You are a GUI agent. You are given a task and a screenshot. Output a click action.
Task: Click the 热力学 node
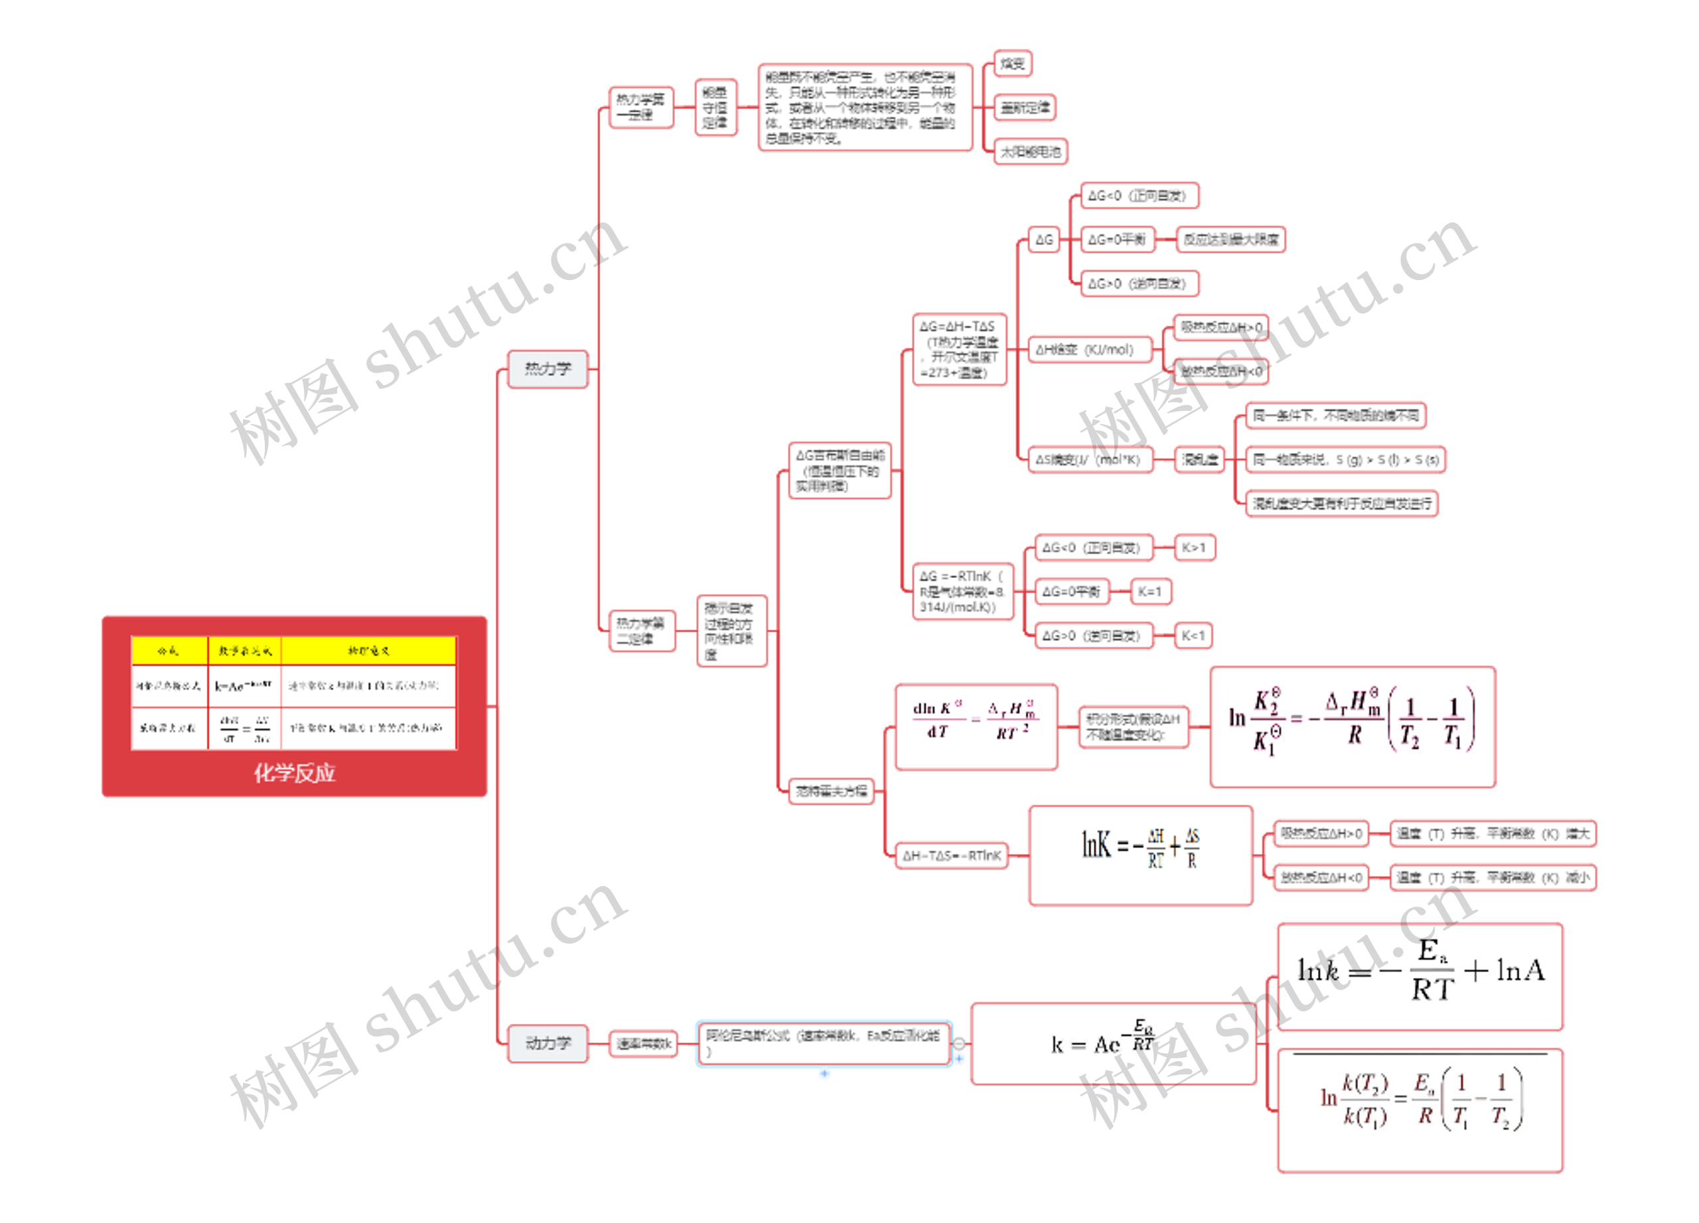coord(547,368)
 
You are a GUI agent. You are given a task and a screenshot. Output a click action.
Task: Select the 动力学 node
coord(547,1043)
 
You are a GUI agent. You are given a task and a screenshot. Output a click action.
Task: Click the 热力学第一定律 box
coord(640,107)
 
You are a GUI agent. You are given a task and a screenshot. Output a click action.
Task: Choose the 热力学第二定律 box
coord(640,630)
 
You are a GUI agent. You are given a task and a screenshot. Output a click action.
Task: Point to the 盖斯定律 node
coord(1025,108)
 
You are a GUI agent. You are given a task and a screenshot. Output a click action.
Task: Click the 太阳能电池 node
coord(1030,151)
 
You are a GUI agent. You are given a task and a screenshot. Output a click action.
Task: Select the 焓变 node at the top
coord(1012,64)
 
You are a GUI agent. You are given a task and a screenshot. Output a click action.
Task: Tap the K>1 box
coord(1193,547)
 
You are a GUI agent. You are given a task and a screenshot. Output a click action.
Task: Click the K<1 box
coord(1193,636)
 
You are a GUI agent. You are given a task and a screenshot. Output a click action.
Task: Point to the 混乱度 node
coord(1199,459)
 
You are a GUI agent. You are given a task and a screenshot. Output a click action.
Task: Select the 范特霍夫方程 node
coord(831,790)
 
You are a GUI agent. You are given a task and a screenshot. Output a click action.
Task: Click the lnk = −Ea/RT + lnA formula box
coord(1420,976)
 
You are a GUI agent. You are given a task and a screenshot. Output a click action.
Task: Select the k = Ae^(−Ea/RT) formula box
coord(1112,1043)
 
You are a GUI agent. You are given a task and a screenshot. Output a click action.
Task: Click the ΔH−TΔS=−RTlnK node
coord(952,855)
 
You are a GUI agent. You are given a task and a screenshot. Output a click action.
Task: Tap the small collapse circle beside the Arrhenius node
coord(959,1043)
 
